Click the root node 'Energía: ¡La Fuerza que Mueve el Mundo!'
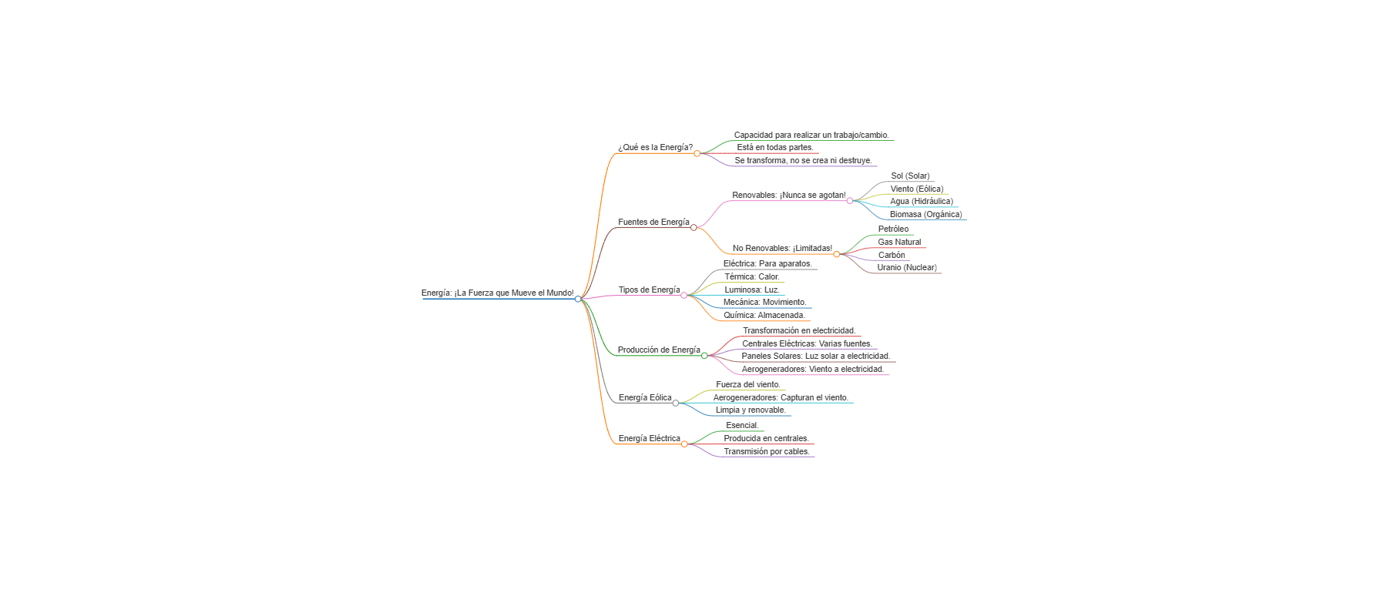pyautogui.click(x=497, y=293)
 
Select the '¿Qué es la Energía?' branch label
pyautogui.click(x=655, y=148)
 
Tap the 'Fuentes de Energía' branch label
pyautogui.click(x=653, y=223)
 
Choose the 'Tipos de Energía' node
pyautogui.click(x=649, y=290)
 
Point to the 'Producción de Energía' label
pyautogui.click(x=659, y=350)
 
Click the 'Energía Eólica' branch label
pyautogui.click(x=645, y=398)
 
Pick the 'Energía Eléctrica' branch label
pyautogui.click(x=649, y=439)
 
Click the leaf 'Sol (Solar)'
pyautogui.click(x=910, y=176)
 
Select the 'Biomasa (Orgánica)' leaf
pyautogui.click(x=925, y=215)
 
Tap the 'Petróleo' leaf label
pyautogui.click(x=893, y=229)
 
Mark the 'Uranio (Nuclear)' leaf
pyautogui.click(x=906, y=268)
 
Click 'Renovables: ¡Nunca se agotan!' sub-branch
pyautogui.click(x=788, y=196)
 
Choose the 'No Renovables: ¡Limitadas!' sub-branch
pyautogui.click(x=782, y=249)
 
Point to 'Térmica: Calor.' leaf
pyautogui.click(x=751, y=277)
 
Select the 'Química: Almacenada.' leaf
pyautogui.click(x=764, y=316)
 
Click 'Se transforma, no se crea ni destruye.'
pyautogui.click(x=803, y=161)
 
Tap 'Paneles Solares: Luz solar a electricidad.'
pyautogui.click(x=815, y=357)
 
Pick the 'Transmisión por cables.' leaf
pyautogui.click(x=766, y=452)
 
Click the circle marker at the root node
pyautogui.click(x=578, y=299)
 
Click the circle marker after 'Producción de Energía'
pyautogui.click(x=704, y=356)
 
